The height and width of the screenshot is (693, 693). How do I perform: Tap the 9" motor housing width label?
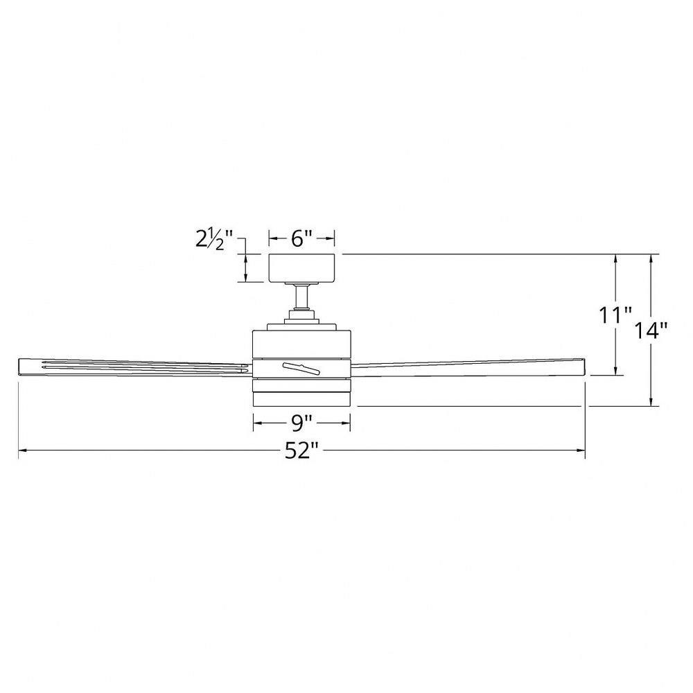(x=301, y=421)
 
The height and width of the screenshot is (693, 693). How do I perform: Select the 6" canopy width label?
(x=301, y=239)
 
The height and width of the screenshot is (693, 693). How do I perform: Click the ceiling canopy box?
(x=301, y=268)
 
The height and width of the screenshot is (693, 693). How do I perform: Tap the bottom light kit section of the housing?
(x=301, y=400)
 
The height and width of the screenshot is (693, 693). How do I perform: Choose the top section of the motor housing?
(x=301, y=344)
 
